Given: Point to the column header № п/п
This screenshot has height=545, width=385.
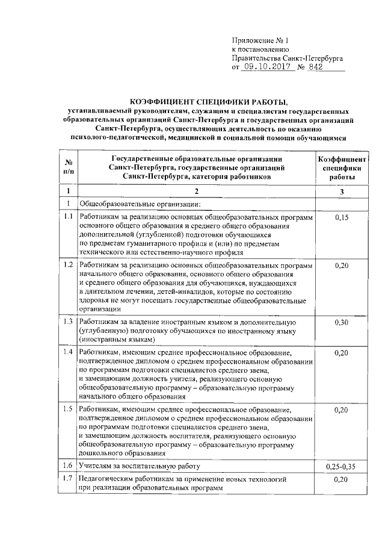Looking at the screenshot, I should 69,167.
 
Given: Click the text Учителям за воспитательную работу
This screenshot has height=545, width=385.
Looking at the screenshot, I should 139,466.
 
